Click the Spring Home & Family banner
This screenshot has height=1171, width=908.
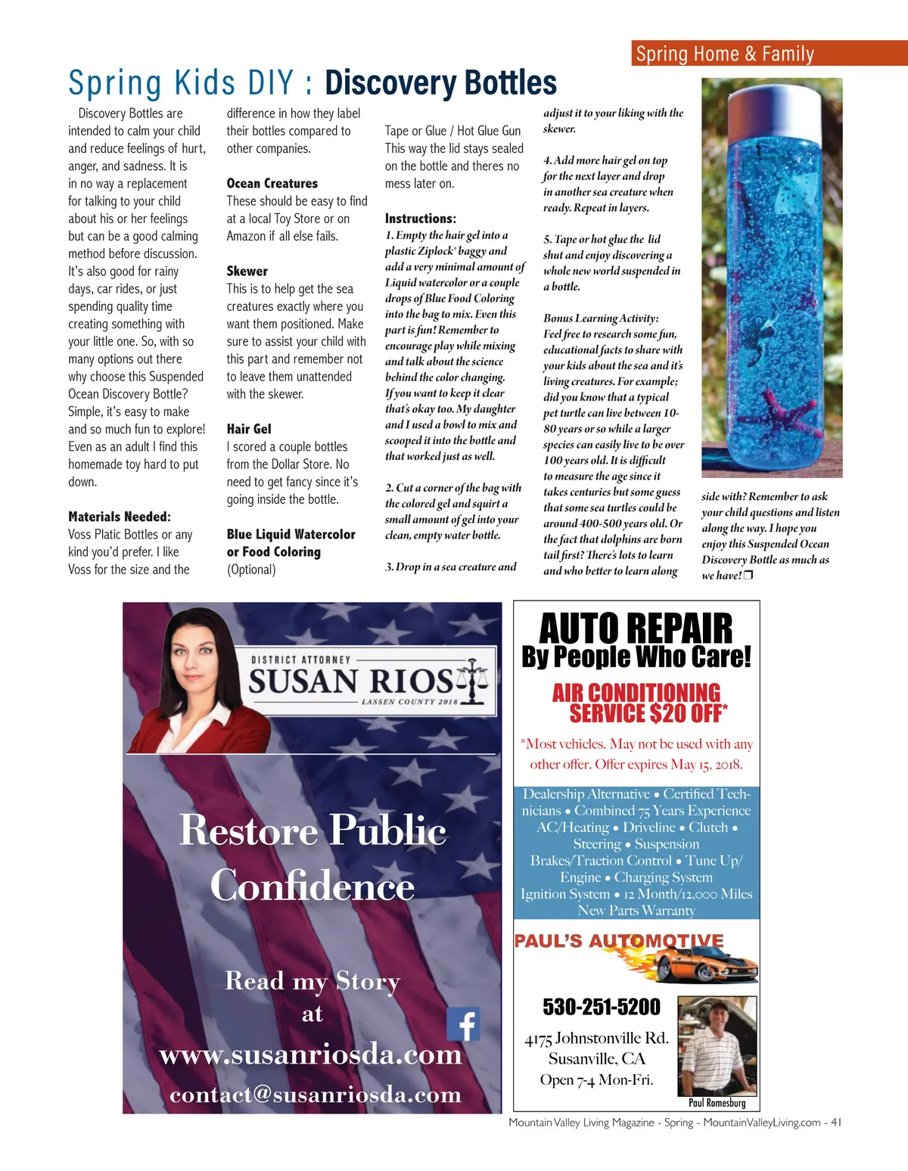click(x=769, y=54)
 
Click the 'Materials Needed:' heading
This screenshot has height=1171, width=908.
click(x=120, y=517)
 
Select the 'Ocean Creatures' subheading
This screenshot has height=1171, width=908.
click(x=272, y=183)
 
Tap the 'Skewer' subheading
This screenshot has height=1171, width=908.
click(x=247, y=271)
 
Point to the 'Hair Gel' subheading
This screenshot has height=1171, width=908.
click(x=249, y=429)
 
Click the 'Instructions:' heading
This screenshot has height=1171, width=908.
click(x=421, y=218)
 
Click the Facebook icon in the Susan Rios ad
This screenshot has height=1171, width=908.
click(x=463, y=1024)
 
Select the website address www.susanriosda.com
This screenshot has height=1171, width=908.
click(x=311, y=1054)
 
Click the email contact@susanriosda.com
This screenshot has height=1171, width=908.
click(x=316, y=1094)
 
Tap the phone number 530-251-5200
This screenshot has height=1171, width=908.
click(x=602, y=1007)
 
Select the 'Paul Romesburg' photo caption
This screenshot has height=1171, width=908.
click(x=717, y=1103)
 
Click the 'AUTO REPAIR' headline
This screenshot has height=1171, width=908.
click(x=636, y=628)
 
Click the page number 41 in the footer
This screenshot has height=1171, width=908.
click(x=836, y=1123)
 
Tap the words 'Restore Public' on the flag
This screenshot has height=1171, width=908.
click(x=313, y=831)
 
